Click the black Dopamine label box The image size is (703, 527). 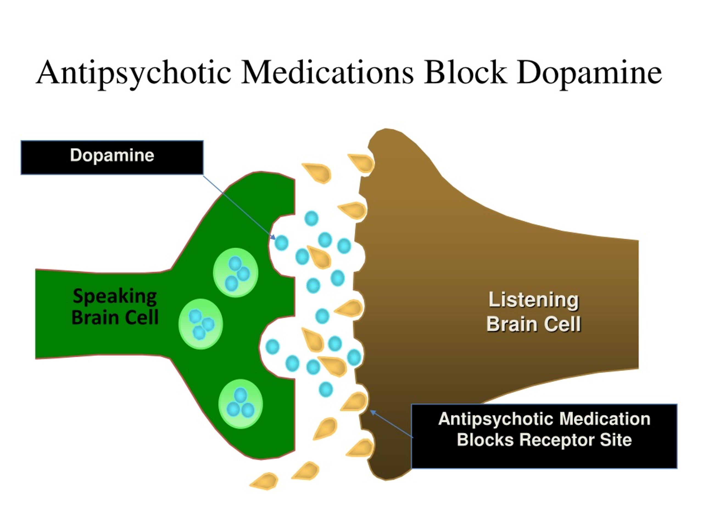click(112, 157)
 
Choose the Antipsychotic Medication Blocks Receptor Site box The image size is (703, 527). click(544, 436)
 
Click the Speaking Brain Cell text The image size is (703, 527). click(115, 306)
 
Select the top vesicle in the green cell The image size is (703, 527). click(236, 273)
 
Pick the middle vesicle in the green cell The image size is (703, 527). click(200, 324)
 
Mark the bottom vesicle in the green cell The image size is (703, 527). click(241, 404)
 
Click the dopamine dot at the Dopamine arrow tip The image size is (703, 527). click(281, 243)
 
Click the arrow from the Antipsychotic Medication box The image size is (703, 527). click(392, 424)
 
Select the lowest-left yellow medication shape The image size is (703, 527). click(265, 481)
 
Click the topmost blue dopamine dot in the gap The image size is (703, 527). click(311, 218)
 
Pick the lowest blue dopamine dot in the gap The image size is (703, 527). click(325, 389)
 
